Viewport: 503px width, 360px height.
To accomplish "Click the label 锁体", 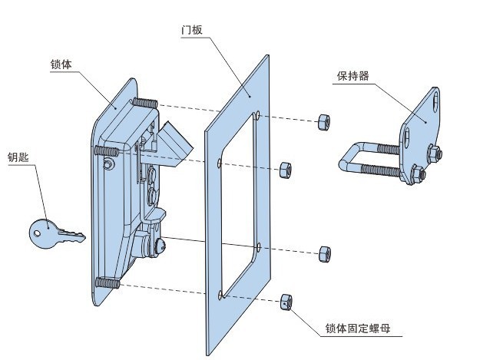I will pyautogui.click(x=61, y=64).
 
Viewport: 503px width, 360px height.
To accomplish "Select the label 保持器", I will pyautogui.click(x=352, y=76).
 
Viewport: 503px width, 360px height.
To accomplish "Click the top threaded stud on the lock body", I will pyautogui.click(x=145, y=104).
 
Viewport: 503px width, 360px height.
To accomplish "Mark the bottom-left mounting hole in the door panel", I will pyautogui.click(x=220, y=294).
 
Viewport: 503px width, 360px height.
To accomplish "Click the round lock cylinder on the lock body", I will pyautogui.click(x=160, y=246).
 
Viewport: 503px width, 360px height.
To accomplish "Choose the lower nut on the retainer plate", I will pyautogui.click(x=415, y=177).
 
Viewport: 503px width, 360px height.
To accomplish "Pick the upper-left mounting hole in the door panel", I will pyautogui.click(x=220, y=163).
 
